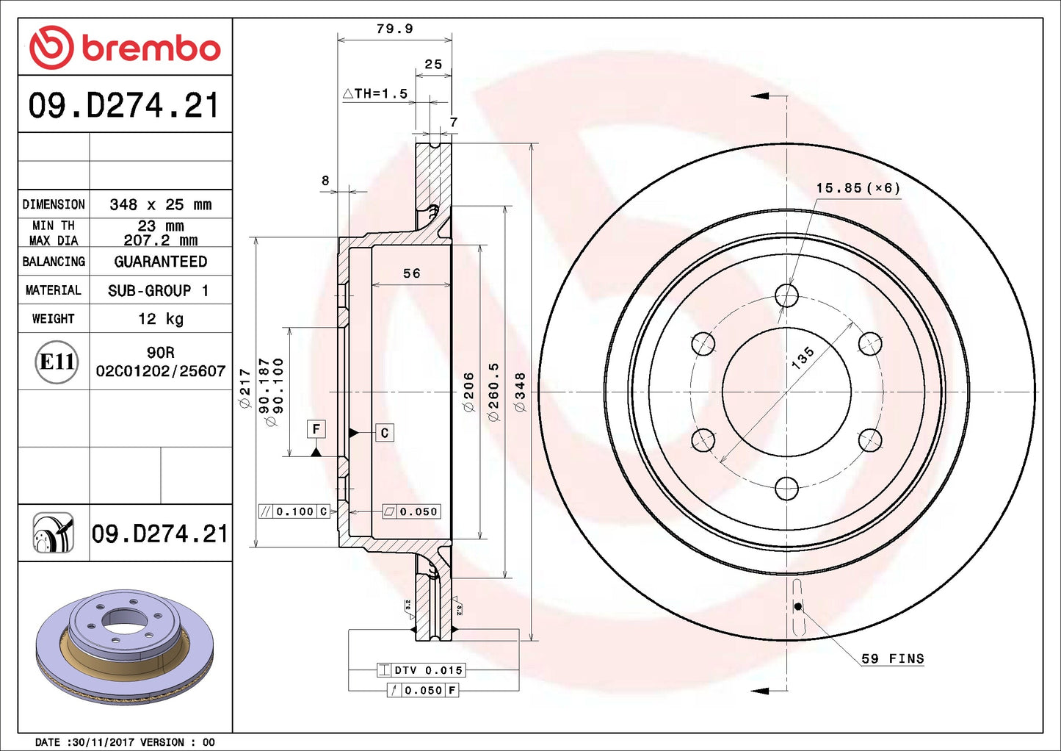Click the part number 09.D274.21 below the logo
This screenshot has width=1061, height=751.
tap(124, 106)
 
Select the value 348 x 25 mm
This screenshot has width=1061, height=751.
tap(160, 205)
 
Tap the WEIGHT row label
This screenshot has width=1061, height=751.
tap(53, 319)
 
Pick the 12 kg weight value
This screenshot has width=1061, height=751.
tap(160, 319)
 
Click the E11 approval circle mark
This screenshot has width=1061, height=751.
tap(57, 362)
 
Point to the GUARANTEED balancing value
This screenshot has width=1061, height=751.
tap(160, 262)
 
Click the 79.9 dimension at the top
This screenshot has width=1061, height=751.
tap(394, 29)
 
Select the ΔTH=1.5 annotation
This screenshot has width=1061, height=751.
tap(375, 93)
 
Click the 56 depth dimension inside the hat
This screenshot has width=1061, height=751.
tap(411, 273)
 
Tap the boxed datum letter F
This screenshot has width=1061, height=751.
tap(316, 429)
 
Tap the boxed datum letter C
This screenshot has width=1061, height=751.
tap(384, 433)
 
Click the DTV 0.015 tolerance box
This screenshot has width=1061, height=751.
tap(421, 670)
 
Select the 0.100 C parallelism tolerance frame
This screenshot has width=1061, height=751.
tap(294, 511)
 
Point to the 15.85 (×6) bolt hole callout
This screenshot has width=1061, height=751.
tap(858, 188)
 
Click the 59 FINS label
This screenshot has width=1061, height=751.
tap(892, 658)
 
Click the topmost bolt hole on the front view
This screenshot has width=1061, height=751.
tap(786, 295)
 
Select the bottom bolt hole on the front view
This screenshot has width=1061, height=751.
tap(786, 488)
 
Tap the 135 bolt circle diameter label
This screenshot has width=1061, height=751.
tap(803, 357)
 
